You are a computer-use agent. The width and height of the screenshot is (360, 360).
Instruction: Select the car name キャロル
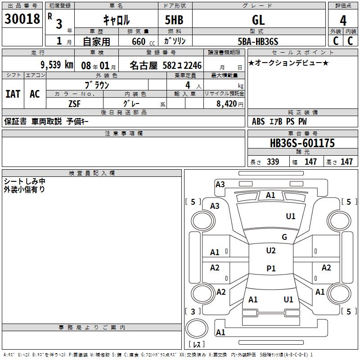117,20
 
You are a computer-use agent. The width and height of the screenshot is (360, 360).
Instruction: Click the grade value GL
258,20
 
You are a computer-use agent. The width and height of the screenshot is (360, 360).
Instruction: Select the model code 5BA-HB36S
258,42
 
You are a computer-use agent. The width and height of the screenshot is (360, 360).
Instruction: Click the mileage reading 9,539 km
57,65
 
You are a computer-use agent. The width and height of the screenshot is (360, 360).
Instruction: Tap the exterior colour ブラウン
97,85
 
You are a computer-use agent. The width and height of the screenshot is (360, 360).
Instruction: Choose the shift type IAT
13,94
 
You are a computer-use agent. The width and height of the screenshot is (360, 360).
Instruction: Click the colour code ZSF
74,103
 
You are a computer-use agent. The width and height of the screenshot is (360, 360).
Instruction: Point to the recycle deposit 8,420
227,103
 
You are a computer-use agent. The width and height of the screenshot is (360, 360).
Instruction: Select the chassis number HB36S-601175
302,143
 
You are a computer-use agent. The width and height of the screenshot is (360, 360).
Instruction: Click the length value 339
273,162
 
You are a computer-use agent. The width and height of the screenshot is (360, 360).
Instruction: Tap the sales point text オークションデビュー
288,63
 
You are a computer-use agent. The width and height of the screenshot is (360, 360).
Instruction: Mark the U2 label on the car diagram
271,251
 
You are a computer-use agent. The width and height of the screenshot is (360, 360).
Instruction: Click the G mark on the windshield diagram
284,237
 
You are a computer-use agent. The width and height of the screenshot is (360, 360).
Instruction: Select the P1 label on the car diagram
271,269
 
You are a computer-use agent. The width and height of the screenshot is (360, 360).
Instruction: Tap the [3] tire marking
193,311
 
